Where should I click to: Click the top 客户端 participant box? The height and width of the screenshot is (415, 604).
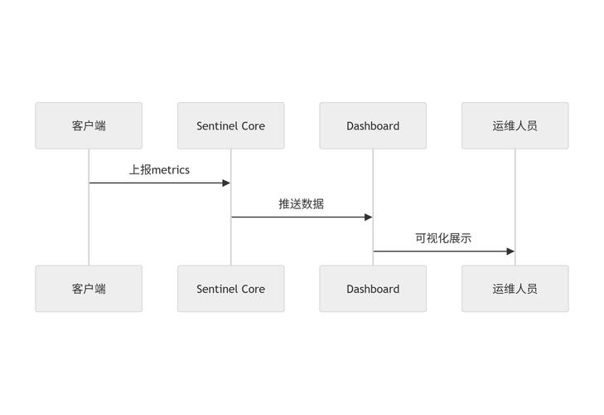[x=89, y=126]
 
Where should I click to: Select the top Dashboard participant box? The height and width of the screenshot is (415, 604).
[x=373, y=126]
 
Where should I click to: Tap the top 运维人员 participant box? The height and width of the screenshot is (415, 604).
[x=515, y=126]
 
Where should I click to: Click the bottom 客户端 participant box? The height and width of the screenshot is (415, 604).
[x=89, y=289]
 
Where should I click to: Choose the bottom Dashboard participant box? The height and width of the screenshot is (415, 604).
[x=373, y=289]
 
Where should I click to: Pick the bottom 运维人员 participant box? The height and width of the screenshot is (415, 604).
[x=515, y=289]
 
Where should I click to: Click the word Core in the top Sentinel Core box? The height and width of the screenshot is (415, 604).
[x=254, y=126]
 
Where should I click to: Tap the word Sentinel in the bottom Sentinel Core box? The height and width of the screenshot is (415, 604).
[x=217, y=289]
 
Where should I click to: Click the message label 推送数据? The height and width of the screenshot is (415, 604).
[x=301, y=203]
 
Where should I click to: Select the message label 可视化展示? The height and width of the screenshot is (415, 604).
[x=443, y=238]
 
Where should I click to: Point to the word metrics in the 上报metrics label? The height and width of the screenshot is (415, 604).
[x=171, y=170]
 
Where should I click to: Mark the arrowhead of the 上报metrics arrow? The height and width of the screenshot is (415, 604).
[x=225, y=183]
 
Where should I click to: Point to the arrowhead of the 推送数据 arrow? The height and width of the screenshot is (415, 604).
[x=368, y=217]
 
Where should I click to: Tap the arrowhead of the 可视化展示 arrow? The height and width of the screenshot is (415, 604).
[x=510, y=251]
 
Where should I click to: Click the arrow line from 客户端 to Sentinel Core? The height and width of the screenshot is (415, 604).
[x=157, y=183]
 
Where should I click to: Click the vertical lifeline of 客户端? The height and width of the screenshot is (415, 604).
[x=89, y=224]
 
